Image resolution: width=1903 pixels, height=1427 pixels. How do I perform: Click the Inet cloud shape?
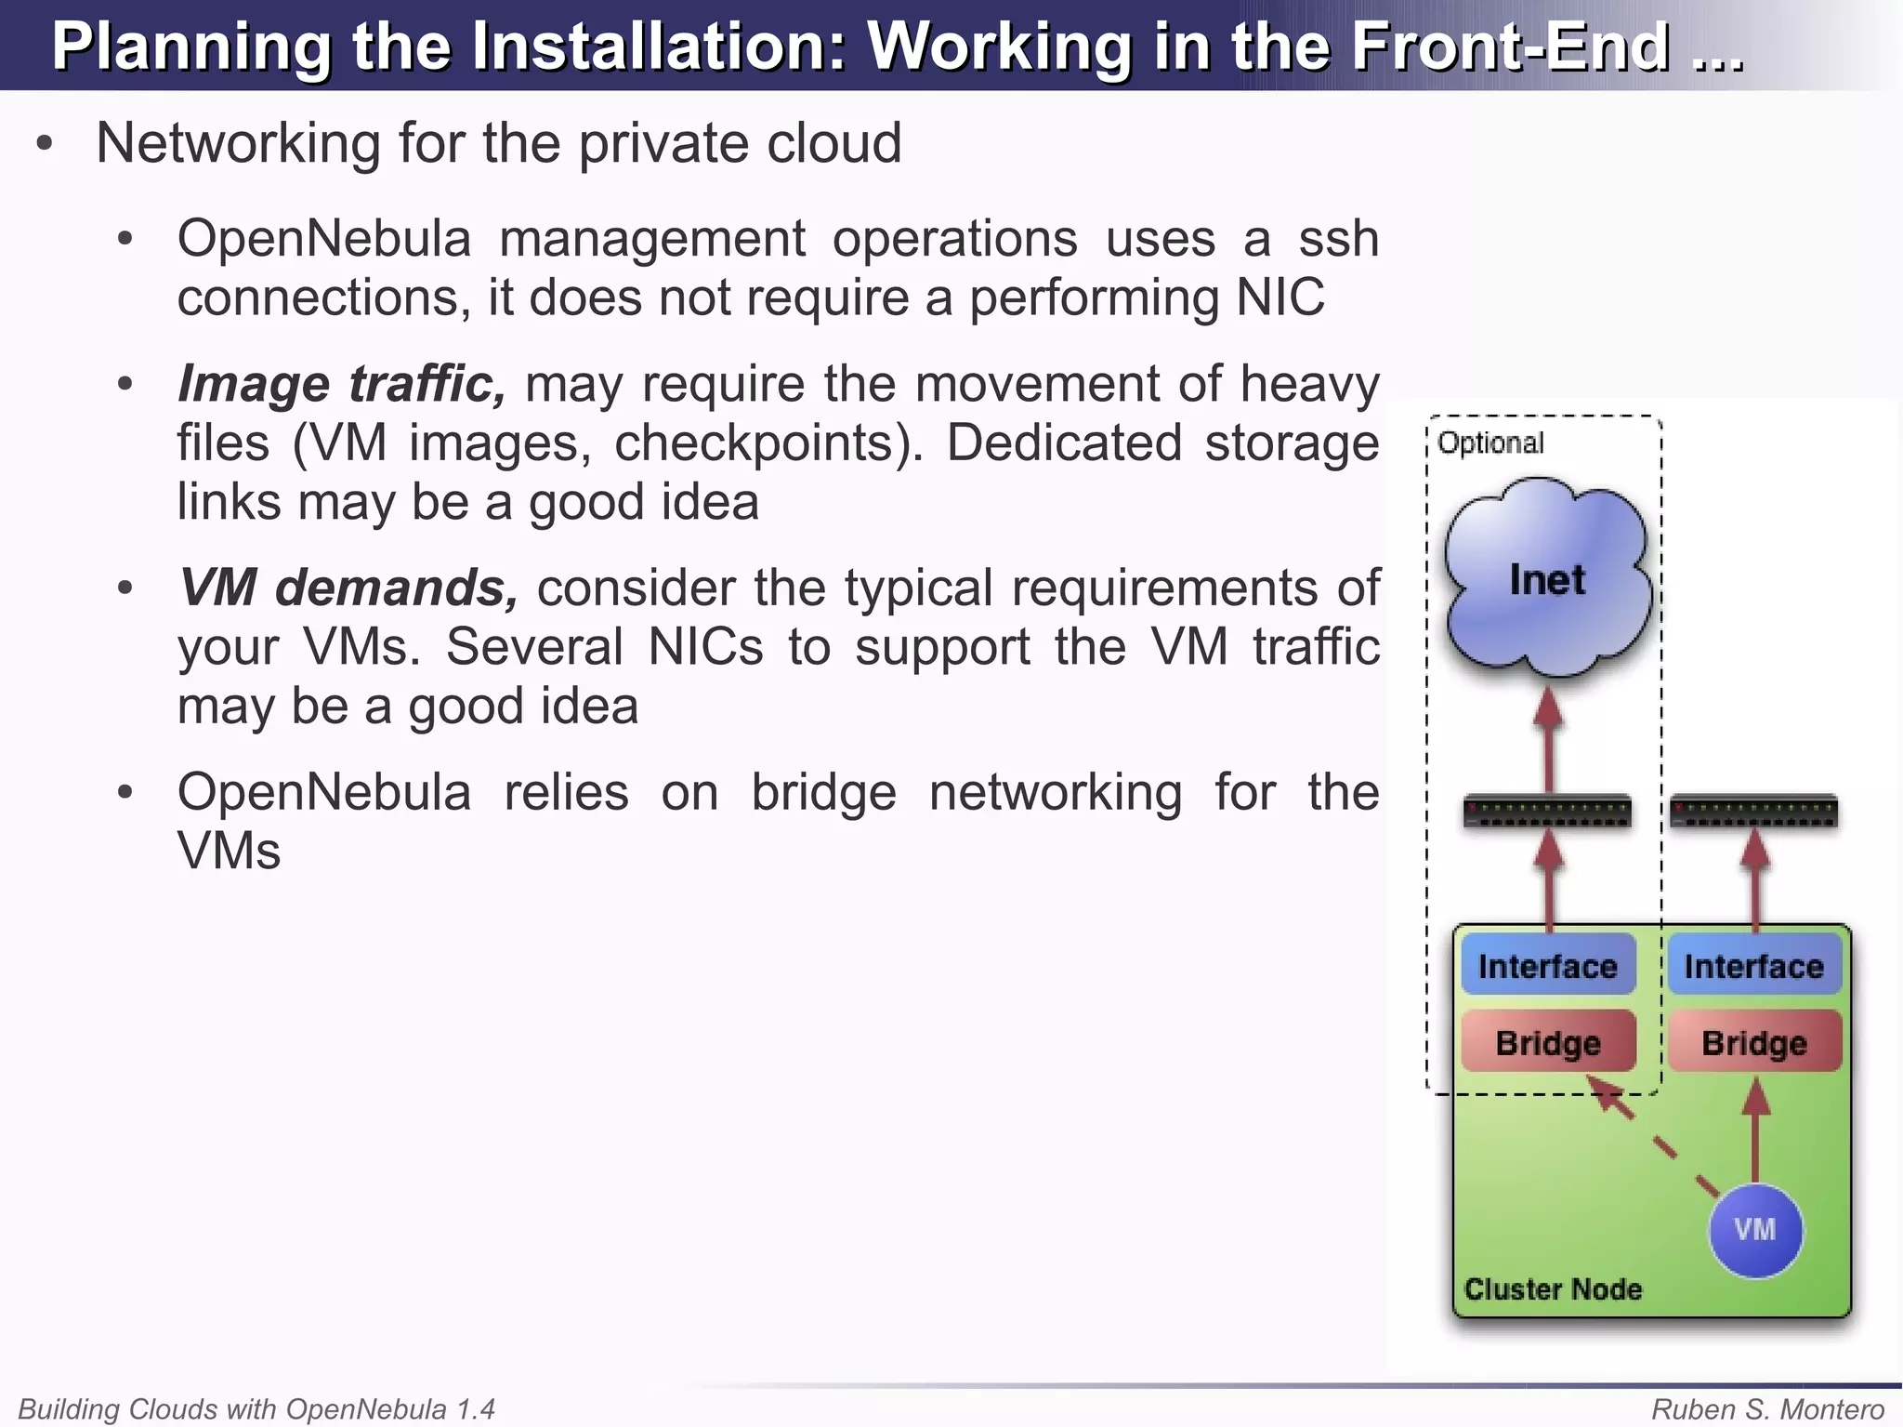1547,578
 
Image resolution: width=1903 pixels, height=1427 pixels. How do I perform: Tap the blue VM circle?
1755,1230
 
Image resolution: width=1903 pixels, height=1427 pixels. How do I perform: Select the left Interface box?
1548,966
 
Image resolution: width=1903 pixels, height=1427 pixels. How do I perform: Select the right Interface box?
1754,966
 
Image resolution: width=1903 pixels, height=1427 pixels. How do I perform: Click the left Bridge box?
1548,1042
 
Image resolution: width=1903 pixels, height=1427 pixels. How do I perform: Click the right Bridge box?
1754,1042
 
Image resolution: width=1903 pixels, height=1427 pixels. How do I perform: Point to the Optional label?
1490,443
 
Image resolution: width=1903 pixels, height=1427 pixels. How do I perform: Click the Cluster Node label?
1553,1289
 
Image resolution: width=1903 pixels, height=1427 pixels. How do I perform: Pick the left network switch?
1547,812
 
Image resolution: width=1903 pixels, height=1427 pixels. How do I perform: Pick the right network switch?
1754,812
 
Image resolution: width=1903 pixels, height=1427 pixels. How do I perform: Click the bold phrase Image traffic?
341,384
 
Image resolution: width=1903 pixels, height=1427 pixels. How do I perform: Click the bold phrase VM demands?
348,588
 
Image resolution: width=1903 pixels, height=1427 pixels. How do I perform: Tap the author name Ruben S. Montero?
1767,1409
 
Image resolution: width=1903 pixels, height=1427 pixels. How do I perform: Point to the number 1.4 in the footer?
475,1409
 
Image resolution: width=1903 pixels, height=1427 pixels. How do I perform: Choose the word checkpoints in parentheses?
759,443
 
